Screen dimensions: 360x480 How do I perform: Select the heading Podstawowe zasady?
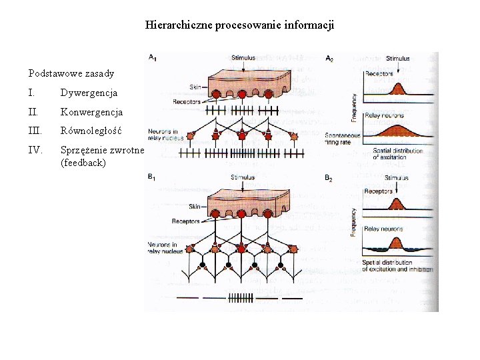tap(71, 73)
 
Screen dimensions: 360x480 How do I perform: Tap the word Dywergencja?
tap(89, 93)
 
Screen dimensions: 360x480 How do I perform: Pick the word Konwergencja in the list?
tap(91, 112)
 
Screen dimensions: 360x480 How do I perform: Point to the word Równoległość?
tap(91, 131)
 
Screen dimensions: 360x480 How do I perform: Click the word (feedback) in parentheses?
tap(83, 162)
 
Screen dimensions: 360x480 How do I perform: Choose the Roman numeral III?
tap(37, 131)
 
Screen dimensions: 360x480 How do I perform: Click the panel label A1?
tap(153, 58)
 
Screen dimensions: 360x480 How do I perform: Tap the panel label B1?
tap(153, 177)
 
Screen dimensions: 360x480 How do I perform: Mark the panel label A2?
tap(329, 59)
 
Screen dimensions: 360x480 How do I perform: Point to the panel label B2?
tap(329, 178)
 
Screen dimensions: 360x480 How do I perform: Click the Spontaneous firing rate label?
tap(343, 139)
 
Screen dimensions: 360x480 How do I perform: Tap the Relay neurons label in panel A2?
tap(383, 115)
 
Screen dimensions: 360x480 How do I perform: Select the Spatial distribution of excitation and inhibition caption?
tap(397, 266)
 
